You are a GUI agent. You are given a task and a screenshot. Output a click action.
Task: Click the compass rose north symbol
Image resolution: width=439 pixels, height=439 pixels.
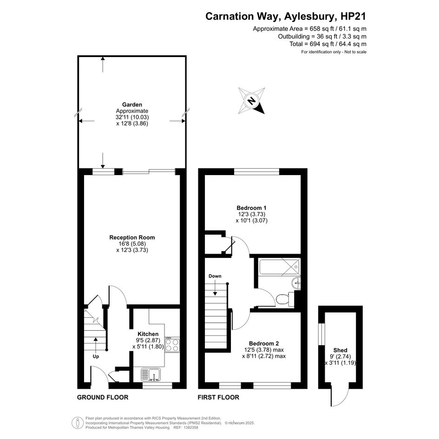(x=251, y=100)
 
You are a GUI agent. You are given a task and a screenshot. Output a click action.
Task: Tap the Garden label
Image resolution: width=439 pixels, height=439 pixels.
(x=132, y=105)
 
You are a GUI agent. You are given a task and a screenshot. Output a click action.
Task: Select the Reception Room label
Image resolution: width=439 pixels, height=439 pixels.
(x=132, y=237)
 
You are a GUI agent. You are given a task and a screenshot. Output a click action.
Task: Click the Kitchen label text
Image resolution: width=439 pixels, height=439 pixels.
(x=148, y=334)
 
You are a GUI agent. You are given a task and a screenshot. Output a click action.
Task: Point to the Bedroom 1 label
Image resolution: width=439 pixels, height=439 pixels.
(x=251, y=208)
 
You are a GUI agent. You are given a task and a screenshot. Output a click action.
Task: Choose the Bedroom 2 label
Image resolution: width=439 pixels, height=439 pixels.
(x=264, y=343)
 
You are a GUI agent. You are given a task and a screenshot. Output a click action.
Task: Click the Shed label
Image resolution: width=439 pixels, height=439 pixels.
(x=341, y=350)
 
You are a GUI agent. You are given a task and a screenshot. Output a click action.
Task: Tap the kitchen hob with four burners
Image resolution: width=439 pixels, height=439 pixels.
(x=172, y=345)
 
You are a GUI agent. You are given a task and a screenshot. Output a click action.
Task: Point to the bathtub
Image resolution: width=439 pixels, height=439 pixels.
(x=280, y=266)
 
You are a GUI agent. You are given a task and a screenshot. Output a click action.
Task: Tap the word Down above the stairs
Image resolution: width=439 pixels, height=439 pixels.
(x=215, y=276)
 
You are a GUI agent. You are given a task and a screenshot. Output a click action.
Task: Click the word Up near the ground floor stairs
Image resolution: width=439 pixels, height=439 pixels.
(x=96, y=356)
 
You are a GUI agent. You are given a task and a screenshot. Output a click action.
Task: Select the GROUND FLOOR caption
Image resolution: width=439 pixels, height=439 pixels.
(x=103, y=397)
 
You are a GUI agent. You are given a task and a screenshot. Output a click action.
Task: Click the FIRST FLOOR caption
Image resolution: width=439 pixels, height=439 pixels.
(x=218, y=397)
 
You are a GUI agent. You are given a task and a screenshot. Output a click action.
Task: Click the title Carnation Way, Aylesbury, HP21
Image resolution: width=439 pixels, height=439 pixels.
(x=286, y=16)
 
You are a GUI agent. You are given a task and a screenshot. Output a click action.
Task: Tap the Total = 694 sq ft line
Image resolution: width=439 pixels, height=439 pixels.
(x=328, y=44)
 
